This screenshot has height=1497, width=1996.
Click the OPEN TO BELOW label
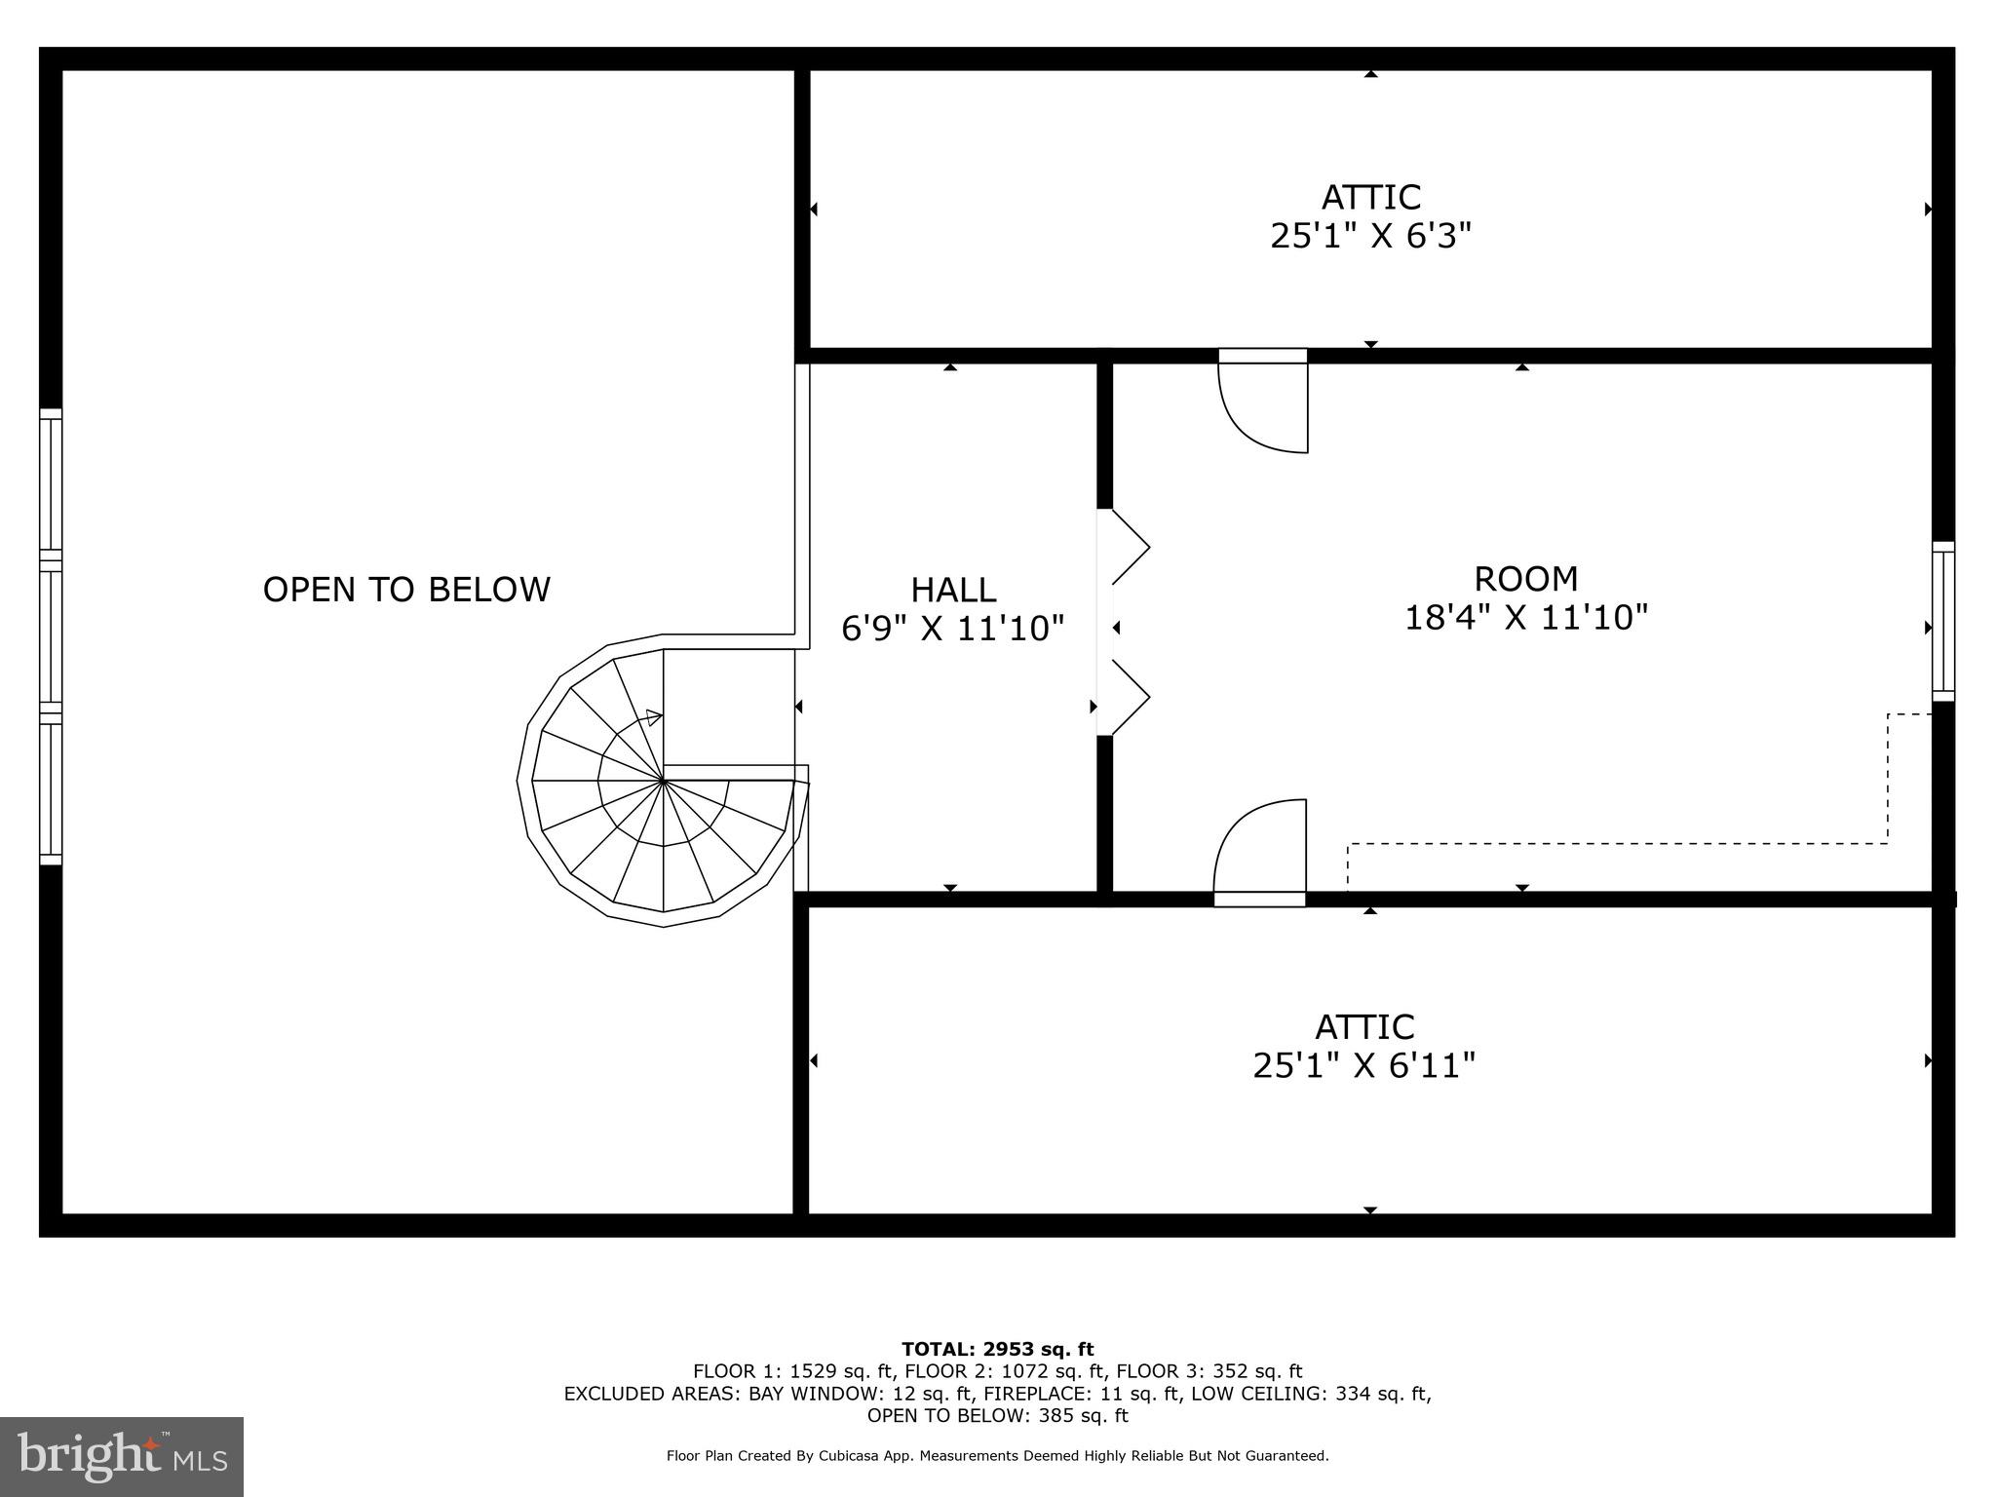click(406, 590)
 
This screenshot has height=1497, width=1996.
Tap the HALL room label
click(953, 591)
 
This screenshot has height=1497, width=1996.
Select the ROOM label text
click(1525, 579)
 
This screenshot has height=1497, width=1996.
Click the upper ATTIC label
click(1370, 198)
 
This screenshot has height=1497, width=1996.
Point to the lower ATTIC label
click(1364, 1027)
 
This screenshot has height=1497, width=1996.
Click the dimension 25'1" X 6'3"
click(1370, 237)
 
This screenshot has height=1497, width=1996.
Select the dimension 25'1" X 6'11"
click(1364, 1066)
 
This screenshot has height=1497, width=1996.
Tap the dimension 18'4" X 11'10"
click(1525, 618)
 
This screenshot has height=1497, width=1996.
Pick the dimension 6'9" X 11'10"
click(953, 629)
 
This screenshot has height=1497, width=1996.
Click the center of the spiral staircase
click(664, 781)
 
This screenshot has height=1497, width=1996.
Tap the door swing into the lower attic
click(1260, 847)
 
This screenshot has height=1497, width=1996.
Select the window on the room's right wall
click(1942, 621)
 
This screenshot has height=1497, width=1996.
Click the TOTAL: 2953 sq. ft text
click(997, 1350)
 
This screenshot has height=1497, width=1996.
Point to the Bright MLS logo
click(122, 1456)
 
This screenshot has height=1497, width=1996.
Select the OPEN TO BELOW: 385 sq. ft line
click(997, 1416)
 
